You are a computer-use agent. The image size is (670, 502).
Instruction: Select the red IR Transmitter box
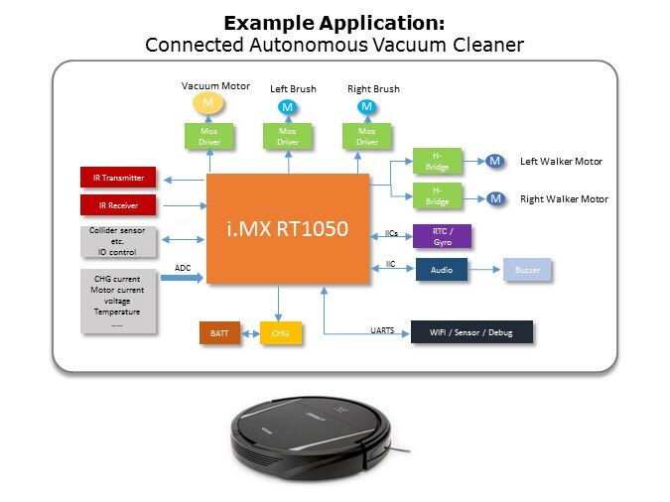pyautogui.click(x=118, y=179)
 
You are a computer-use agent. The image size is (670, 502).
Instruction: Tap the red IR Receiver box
pyautogui.click(x=118, y=205)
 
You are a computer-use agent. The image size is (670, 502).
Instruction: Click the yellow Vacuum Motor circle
pyautogui.click(x=208, y=103)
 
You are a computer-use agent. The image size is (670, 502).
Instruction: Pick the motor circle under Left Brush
pyautogui.click(x=288, y=106)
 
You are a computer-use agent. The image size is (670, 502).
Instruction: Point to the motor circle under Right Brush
pyautogui.click(x=366, y=106)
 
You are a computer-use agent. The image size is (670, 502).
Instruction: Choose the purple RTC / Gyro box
pyautogui.click(x=442, y=236)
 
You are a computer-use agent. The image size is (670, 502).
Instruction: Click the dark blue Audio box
pyautogui.click(x=442, y=269)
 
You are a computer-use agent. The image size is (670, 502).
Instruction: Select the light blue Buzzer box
pyautogui.click(x=527, y=269)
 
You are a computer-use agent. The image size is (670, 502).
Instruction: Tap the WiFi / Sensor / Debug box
pyautogui.click(x=472, y=332)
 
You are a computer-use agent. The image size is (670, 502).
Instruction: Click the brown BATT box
pyautogui.click(x=219, y=332)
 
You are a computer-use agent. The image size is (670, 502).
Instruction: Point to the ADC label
pyautogui.click(x=183, y=267)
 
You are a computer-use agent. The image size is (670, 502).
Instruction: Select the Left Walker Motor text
pyautogui.click(x=561, y=161)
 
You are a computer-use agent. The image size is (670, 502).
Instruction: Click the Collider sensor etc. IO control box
pyautogui.click(x=118, y=242)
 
